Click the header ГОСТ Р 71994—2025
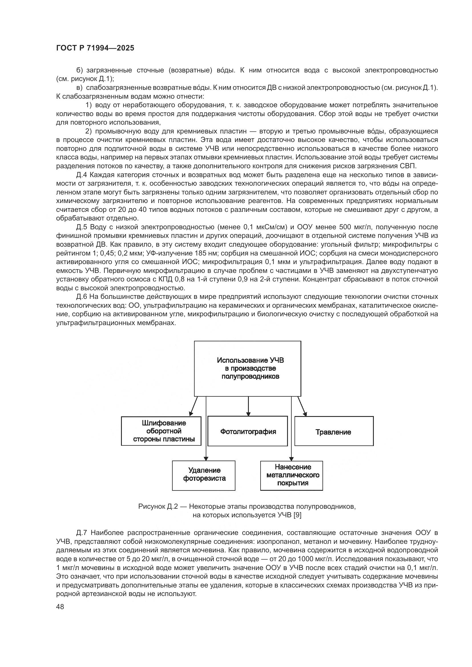(95, 48)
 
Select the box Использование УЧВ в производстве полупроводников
(247, 368)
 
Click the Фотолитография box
(248, 431)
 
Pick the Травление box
(334, 431)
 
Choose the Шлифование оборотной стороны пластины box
(161, 431)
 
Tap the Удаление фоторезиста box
(203, 475)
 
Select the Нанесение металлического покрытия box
(291, 475)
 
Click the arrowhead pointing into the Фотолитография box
(248, 414)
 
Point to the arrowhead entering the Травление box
(305, 414)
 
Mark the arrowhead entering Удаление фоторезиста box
(206, 459)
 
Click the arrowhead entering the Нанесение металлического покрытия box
(291, 459)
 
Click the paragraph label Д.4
(82, 175)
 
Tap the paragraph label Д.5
(82, 227)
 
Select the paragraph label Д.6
(82, 297)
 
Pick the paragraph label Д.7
(82, 533)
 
